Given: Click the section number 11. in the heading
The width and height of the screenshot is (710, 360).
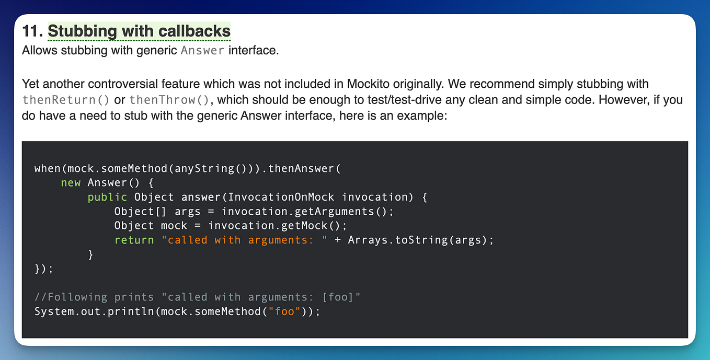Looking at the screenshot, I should click(32, 31).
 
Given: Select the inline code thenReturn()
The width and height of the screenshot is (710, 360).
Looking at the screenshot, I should click(66, 100).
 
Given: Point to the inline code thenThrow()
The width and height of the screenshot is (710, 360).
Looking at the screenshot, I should click(170, 100).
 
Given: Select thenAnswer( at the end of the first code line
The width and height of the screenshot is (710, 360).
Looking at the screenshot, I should click(307, 168).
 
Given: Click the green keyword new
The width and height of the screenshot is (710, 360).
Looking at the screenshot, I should click(71, 182).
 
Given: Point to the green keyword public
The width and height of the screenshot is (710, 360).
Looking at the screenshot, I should click(107, 197).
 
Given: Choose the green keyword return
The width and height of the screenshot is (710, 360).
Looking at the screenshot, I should click(134, 240).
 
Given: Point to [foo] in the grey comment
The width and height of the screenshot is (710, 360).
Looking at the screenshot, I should click(338, 297).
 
